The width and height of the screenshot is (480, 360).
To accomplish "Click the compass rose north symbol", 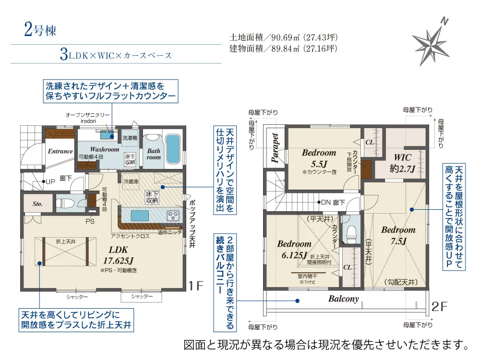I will click(x=431, y=42).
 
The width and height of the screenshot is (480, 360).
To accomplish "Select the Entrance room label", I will click(x=60, y=151).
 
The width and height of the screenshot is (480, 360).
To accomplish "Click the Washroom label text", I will click(x=104, y=149).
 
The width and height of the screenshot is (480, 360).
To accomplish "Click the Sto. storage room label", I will click(x=37, y=204).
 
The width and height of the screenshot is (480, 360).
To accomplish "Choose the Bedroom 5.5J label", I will click(x=319, y=158).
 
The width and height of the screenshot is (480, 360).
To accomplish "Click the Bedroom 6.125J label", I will click(x=294, y=249).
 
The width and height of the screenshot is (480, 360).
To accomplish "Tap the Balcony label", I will click(x=343, y=299).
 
